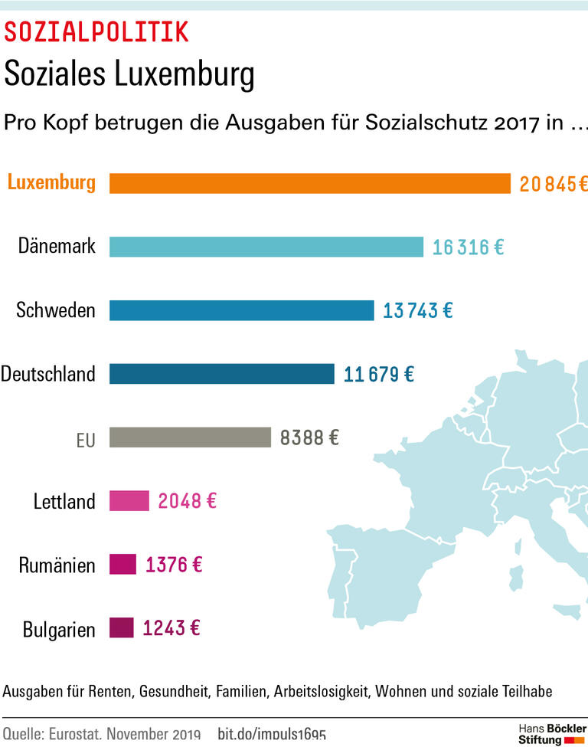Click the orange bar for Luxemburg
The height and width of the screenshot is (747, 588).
pyautogui.click(x=310, y=184)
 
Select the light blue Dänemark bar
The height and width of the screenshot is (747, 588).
pyautogui.click(x=266, y=247)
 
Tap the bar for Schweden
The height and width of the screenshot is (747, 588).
pyautogui.click(x=242, y=310)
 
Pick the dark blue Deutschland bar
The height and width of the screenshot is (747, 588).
pyautogui.click(x=222, y=374)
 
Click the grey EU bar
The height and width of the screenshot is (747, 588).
pyautogui.click(x=190, y=437)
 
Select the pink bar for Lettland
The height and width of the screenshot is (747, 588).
pyautogui.click(x=129, y=501)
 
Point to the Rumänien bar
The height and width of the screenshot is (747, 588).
pyautogui.click(x=122, y=565)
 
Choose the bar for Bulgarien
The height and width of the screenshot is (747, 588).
pyautogui.click(x=121, y=628)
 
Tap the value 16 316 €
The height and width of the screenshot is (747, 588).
pyautogui.click(x=468, y=247)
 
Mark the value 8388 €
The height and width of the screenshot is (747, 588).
pyautogui.click(x=309, y=438)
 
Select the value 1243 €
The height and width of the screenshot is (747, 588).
pyautogui.click(x=171, y=629)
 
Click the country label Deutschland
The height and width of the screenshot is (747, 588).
pyautogui.click(x=48, y=375)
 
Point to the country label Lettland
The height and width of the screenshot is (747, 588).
pyautogui.click(x=64, y=502)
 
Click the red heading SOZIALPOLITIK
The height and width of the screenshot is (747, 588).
pyautogui.click(x=96, y=31)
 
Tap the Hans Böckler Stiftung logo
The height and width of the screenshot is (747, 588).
pyautogui.click(x=551, y=733)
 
